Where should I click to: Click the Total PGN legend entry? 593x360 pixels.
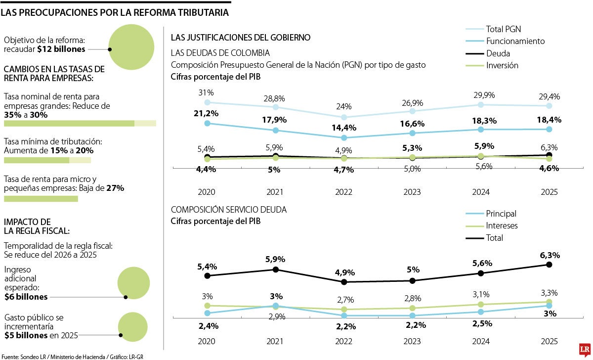point(503,29)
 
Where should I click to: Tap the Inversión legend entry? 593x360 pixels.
point(502,65)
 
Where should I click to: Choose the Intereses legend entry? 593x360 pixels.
point(502,225)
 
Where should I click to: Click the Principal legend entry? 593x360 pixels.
point(501,214)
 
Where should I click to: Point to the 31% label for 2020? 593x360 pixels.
point(207,92)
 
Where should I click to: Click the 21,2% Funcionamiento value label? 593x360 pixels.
point(207,113)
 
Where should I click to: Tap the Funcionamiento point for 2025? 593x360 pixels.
point(549,129)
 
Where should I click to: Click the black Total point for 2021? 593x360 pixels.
point(276,270)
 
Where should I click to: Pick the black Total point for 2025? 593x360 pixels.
point(549,265)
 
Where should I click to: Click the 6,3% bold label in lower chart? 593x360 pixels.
point(550,255)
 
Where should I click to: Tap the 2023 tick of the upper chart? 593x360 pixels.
point(412,192)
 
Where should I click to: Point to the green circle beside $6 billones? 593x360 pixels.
point(133,283)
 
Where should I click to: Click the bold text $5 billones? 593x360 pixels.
point(26,336)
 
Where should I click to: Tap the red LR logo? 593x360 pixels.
point(585,349)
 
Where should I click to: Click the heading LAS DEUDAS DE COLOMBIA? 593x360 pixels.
point(220,53)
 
